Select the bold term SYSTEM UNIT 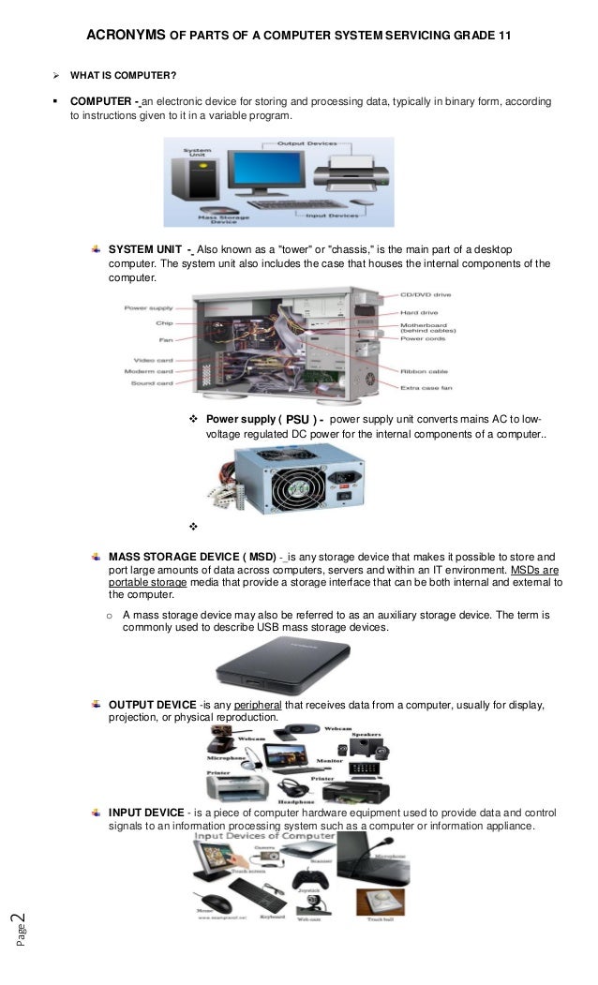(x=146, y=250)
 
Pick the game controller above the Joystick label (x=306, y=881)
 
